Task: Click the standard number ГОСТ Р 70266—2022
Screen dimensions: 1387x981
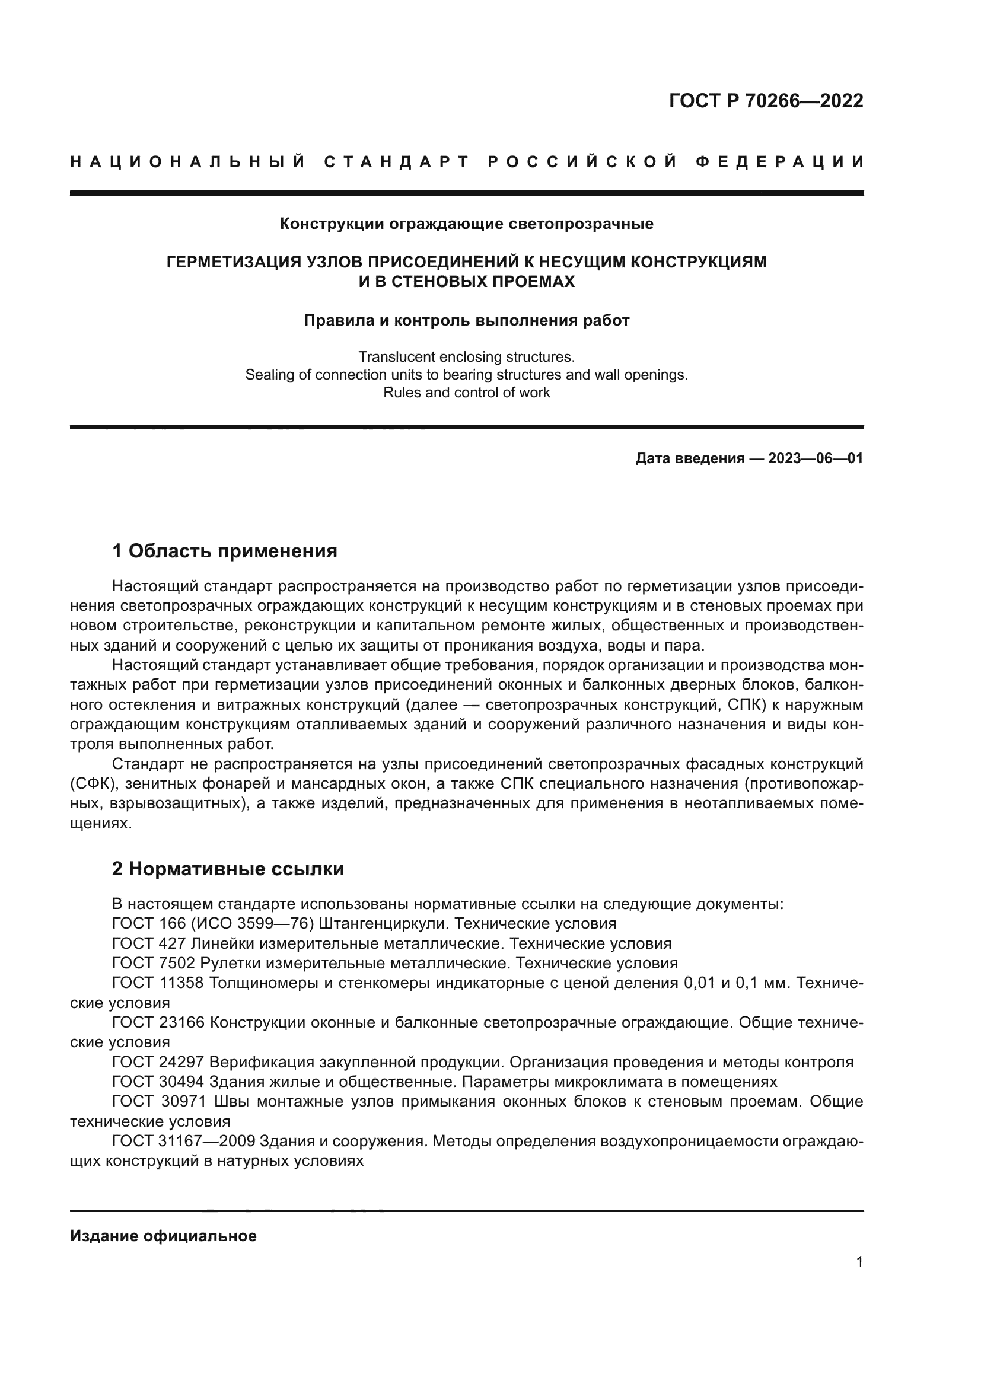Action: pyautogui.click(x=765, y=101)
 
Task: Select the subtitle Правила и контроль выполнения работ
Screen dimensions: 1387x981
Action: pyautogui.click(x=466, y=320)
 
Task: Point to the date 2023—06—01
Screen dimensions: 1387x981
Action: pyautogui.click(x=815, y=458)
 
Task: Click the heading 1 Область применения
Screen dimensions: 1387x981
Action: pyautogui.click(x=224, y=551)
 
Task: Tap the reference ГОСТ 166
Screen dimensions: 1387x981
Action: pyautogui.click(x=141, y=924)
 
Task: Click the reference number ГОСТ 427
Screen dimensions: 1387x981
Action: pyautogui.click(x=141, y=943)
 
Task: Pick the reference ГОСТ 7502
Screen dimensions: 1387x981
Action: pyautogui.click(x=145, y=963)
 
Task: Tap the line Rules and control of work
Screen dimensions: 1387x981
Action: pyautogui.click(x=466, y=393)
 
